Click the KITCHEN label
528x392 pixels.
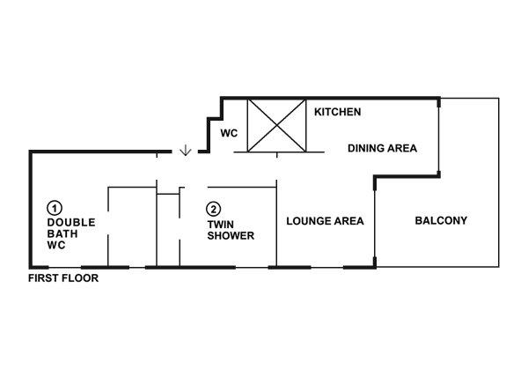coord(337,112)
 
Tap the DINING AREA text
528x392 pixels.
coord(382,148)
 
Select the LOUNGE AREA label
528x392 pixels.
coord(325,221)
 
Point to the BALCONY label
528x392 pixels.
coord(441,220)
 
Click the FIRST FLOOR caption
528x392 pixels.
coord(63,278)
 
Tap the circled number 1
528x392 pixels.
coord(55,208)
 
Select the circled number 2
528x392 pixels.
coord(213,209)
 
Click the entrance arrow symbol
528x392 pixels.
coord(186,151)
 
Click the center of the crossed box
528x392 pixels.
coord(277,125)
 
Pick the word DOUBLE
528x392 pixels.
coord(71,223)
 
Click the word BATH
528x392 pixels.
coord(62,233)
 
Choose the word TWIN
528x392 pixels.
coord(221,225)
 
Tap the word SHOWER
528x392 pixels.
coord(231,235)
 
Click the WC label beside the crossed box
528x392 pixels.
coord(229,133)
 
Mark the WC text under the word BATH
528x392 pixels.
coord(56,245)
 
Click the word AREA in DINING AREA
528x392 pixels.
coord(401,148)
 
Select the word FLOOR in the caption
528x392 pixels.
coord(81,278)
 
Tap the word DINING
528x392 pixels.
coord(365,148)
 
